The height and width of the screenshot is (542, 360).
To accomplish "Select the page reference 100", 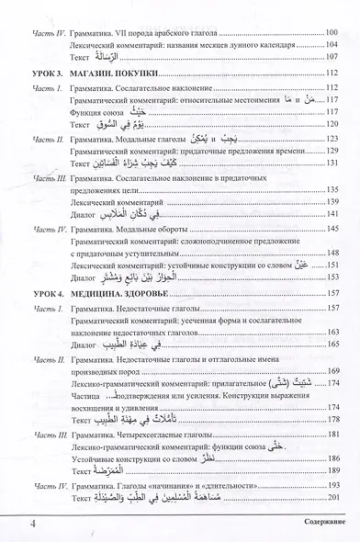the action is (332, 33).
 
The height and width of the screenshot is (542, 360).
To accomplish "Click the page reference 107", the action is (332, 57).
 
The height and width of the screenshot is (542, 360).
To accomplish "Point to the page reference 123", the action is (332, 136).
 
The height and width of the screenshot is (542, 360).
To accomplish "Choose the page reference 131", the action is (332, 160).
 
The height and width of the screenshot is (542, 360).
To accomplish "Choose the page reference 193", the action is (332, 484).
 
